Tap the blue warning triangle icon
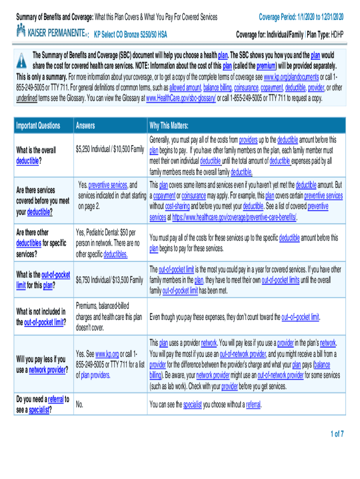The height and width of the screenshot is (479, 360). pos(22,61)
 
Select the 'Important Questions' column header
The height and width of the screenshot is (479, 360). pos(38,125)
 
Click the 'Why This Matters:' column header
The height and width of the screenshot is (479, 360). pos(169,125)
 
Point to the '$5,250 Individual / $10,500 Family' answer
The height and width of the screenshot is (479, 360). pos(109,149)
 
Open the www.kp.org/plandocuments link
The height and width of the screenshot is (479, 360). pos(292,77)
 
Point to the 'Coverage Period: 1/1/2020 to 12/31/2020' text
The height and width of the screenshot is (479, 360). pos(301,17)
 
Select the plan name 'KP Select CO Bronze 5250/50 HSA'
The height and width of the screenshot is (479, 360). pos(130,35)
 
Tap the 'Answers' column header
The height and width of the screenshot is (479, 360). pos(85,125)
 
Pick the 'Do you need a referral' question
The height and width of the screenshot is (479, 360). pos(43,405)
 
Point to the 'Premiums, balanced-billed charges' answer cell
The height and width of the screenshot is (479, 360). pos(108,317)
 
